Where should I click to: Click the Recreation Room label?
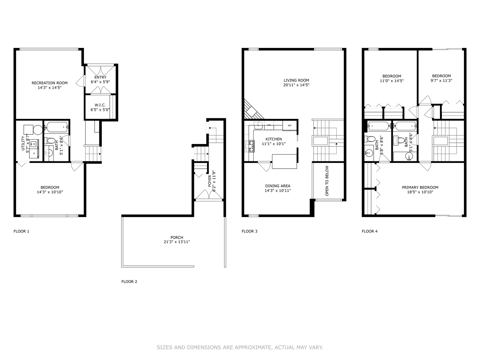[x=49, y=83]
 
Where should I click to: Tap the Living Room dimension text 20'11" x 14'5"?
[x=296, y=85]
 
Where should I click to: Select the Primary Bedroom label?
[x=420, y=187]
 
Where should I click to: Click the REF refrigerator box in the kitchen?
[x=290, y=125]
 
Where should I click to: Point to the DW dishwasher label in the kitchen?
[x=269, y=125]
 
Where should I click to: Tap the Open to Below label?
[x=327, y=181]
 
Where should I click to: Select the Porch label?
[x=177, y=238]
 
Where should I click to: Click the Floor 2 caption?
[x=129, y=282]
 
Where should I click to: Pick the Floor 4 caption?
[x=370, y=231]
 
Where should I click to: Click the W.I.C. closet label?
[x=98, y=105]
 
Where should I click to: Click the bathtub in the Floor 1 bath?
[x=57, y=127]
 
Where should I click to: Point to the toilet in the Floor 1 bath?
[x=50, y=141]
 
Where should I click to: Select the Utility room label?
[x=23, y=143]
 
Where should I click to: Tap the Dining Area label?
[x=278, y=186]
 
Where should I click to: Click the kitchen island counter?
[x=284, y=161]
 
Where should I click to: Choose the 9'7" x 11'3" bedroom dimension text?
[x=441, y=80]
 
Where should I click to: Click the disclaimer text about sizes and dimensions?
[x=240, y=347]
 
